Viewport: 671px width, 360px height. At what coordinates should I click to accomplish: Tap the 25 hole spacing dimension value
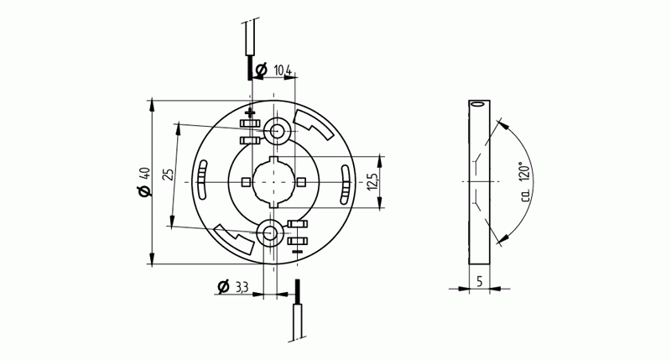coord(169,175)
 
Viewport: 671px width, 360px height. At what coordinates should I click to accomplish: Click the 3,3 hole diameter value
coord(242,288)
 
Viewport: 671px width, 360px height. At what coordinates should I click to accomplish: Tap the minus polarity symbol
coord(297,249)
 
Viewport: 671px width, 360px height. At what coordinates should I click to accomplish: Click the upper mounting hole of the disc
coord(276,130)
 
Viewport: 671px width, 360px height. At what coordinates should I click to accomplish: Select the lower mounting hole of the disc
coord(271,233)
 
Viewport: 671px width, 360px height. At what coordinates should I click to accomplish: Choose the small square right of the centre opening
coord(301,181)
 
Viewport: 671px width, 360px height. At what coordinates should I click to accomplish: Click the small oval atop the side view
coord(478,105)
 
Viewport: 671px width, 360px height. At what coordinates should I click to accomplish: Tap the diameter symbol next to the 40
coord(145,192)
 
